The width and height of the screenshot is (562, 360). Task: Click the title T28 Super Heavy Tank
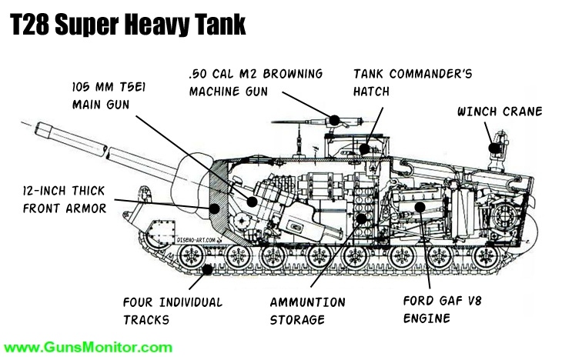[x=128, y=25]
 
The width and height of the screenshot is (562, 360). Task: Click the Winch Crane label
[x=499, y=112]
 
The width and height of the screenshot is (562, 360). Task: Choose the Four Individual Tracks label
[x=172, y=311]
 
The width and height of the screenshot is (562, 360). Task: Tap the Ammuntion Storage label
[x=308, y=311]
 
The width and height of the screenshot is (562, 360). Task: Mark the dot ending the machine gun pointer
[x=335, y=119]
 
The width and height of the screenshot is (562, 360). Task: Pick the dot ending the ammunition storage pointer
[x=360, y=218]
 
